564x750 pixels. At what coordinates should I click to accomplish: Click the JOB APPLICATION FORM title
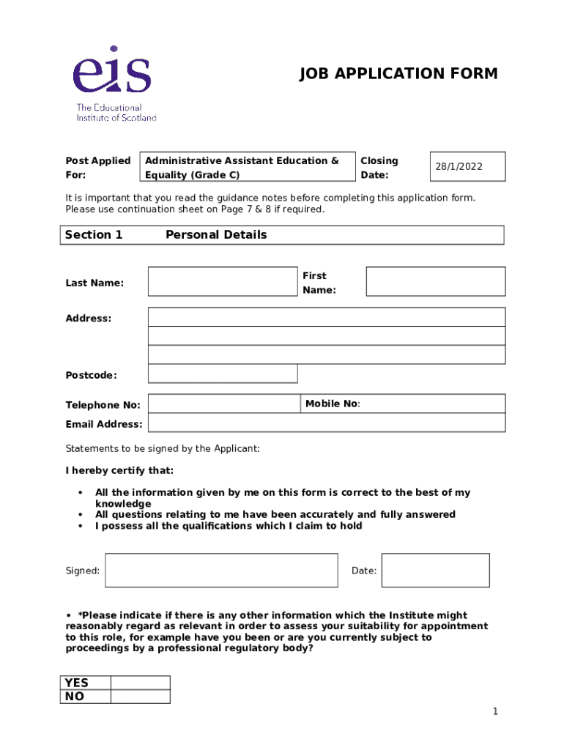398,74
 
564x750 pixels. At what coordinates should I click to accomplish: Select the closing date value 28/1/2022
459,167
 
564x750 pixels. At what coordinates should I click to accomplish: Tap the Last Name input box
222,282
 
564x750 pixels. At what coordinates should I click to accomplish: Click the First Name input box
435,282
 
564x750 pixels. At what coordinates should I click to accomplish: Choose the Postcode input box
223,374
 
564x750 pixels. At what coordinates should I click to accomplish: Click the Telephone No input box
223,404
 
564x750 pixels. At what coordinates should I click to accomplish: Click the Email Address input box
326,423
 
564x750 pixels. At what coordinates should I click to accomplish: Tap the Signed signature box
221,571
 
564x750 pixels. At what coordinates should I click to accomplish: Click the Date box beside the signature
435,571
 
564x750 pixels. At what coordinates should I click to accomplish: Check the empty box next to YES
140,683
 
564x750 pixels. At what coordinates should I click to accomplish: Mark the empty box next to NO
140,697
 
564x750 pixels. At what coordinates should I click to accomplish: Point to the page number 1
495,712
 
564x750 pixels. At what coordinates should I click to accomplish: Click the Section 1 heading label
94,235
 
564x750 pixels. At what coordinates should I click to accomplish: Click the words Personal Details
216,235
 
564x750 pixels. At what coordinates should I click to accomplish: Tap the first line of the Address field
326,317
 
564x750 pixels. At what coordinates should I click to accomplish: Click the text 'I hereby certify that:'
120,470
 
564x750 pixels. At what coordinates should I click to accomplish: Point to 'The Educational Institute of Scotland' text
116,112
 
